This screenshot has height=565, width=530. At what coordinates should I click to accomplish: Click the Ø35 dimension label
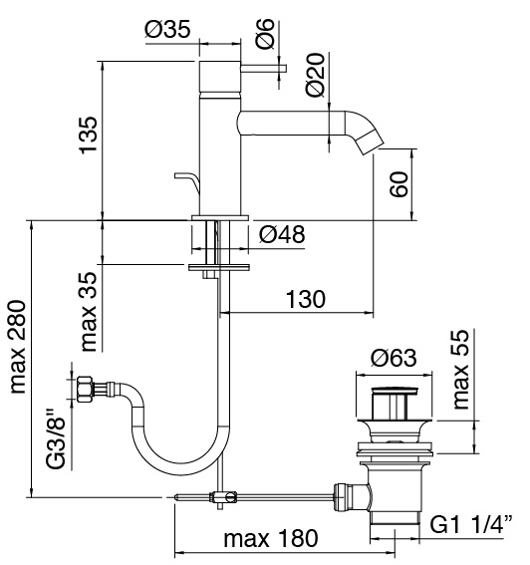point(167,30)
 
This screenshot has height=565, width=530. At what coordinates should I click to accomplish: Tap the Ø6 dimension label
point(265,33)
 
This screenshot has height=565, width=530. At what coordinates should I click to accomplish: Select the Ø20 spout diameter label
point(315,75)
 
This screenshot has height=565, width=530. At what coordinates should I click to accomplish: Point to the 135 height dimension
point(89,136)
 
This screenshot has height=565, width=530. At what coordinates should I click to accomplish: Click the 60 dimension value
point(399,184)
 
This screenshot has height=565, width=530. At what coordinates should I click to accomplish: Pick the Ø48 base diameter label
point(282,234)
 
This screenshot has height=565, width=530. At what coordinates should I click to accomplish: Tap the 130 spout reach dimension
point(306,299)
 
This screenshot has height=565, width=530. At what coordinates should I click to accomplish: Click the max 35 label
point(89,311)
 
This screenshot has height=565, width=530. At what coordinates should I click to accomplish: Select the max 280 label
point(17,347)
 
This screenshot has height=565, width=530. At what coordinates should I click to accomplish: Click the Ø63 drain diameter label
point(394,358)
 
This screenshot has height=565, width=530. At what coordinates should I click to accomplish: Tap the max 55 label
point(461,370)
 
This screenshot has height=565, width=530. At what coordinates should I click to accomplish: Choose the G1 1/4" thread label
point(471,524)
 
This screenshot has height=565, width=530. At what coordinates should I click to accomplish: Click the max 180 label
point(271,538)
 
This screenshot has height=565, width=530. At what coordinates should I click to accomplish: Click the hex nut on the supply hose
point(85,390)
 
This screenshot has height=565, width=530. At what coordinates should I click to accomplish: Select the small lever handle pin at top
point(263,68)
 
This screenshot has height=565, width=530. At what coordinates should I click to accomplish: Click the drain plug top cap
point(395,390)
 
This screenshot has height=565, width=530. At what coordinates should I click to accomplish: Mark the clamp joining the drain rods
point(224,497)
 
